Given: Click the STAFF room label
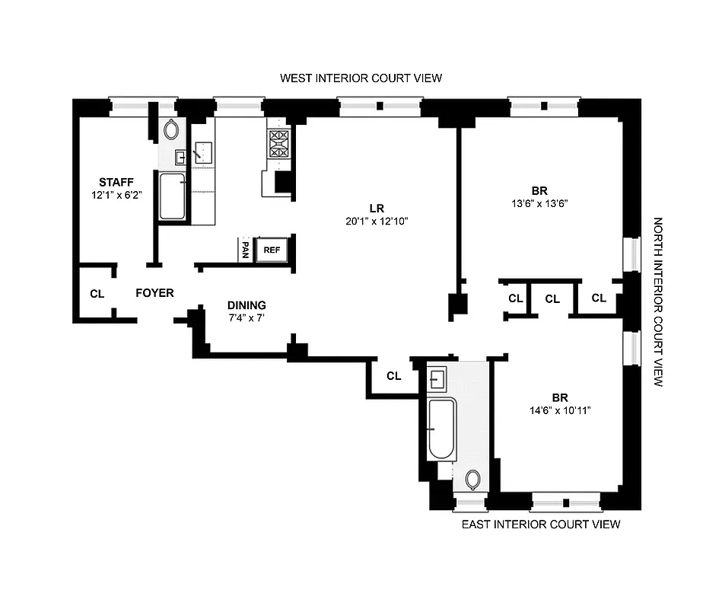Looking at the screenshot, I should tap(116, 182).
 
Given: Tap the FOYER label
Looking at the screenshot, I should tap(154, 293).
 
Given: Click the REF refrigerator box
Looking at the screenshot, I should tap(272, 250).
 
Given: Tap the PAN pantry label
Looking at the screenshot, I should tap(245, 250).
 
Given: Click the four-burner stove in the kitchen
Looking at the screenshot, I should tap(278, 144).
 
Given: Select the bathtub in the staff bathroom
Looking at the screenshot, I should tap(173, 196).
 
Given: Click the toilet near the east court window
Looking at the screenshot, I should tap(472, 480).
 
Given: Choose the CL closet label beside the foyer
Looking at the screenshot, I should tap(97, 294).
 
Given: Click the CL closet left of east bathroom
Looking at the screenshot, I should tap(393, 376).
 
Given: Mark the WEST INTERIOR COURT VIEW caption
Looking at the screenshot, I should tap(361, 78).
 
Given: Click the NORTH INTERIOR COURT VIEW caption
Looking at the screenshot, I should tap(658, 302).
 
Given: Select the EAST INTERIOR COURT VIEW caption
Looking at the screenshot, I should tap(541, 524).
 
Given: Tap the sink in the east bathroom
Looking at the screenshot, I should tap(437, 378).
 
